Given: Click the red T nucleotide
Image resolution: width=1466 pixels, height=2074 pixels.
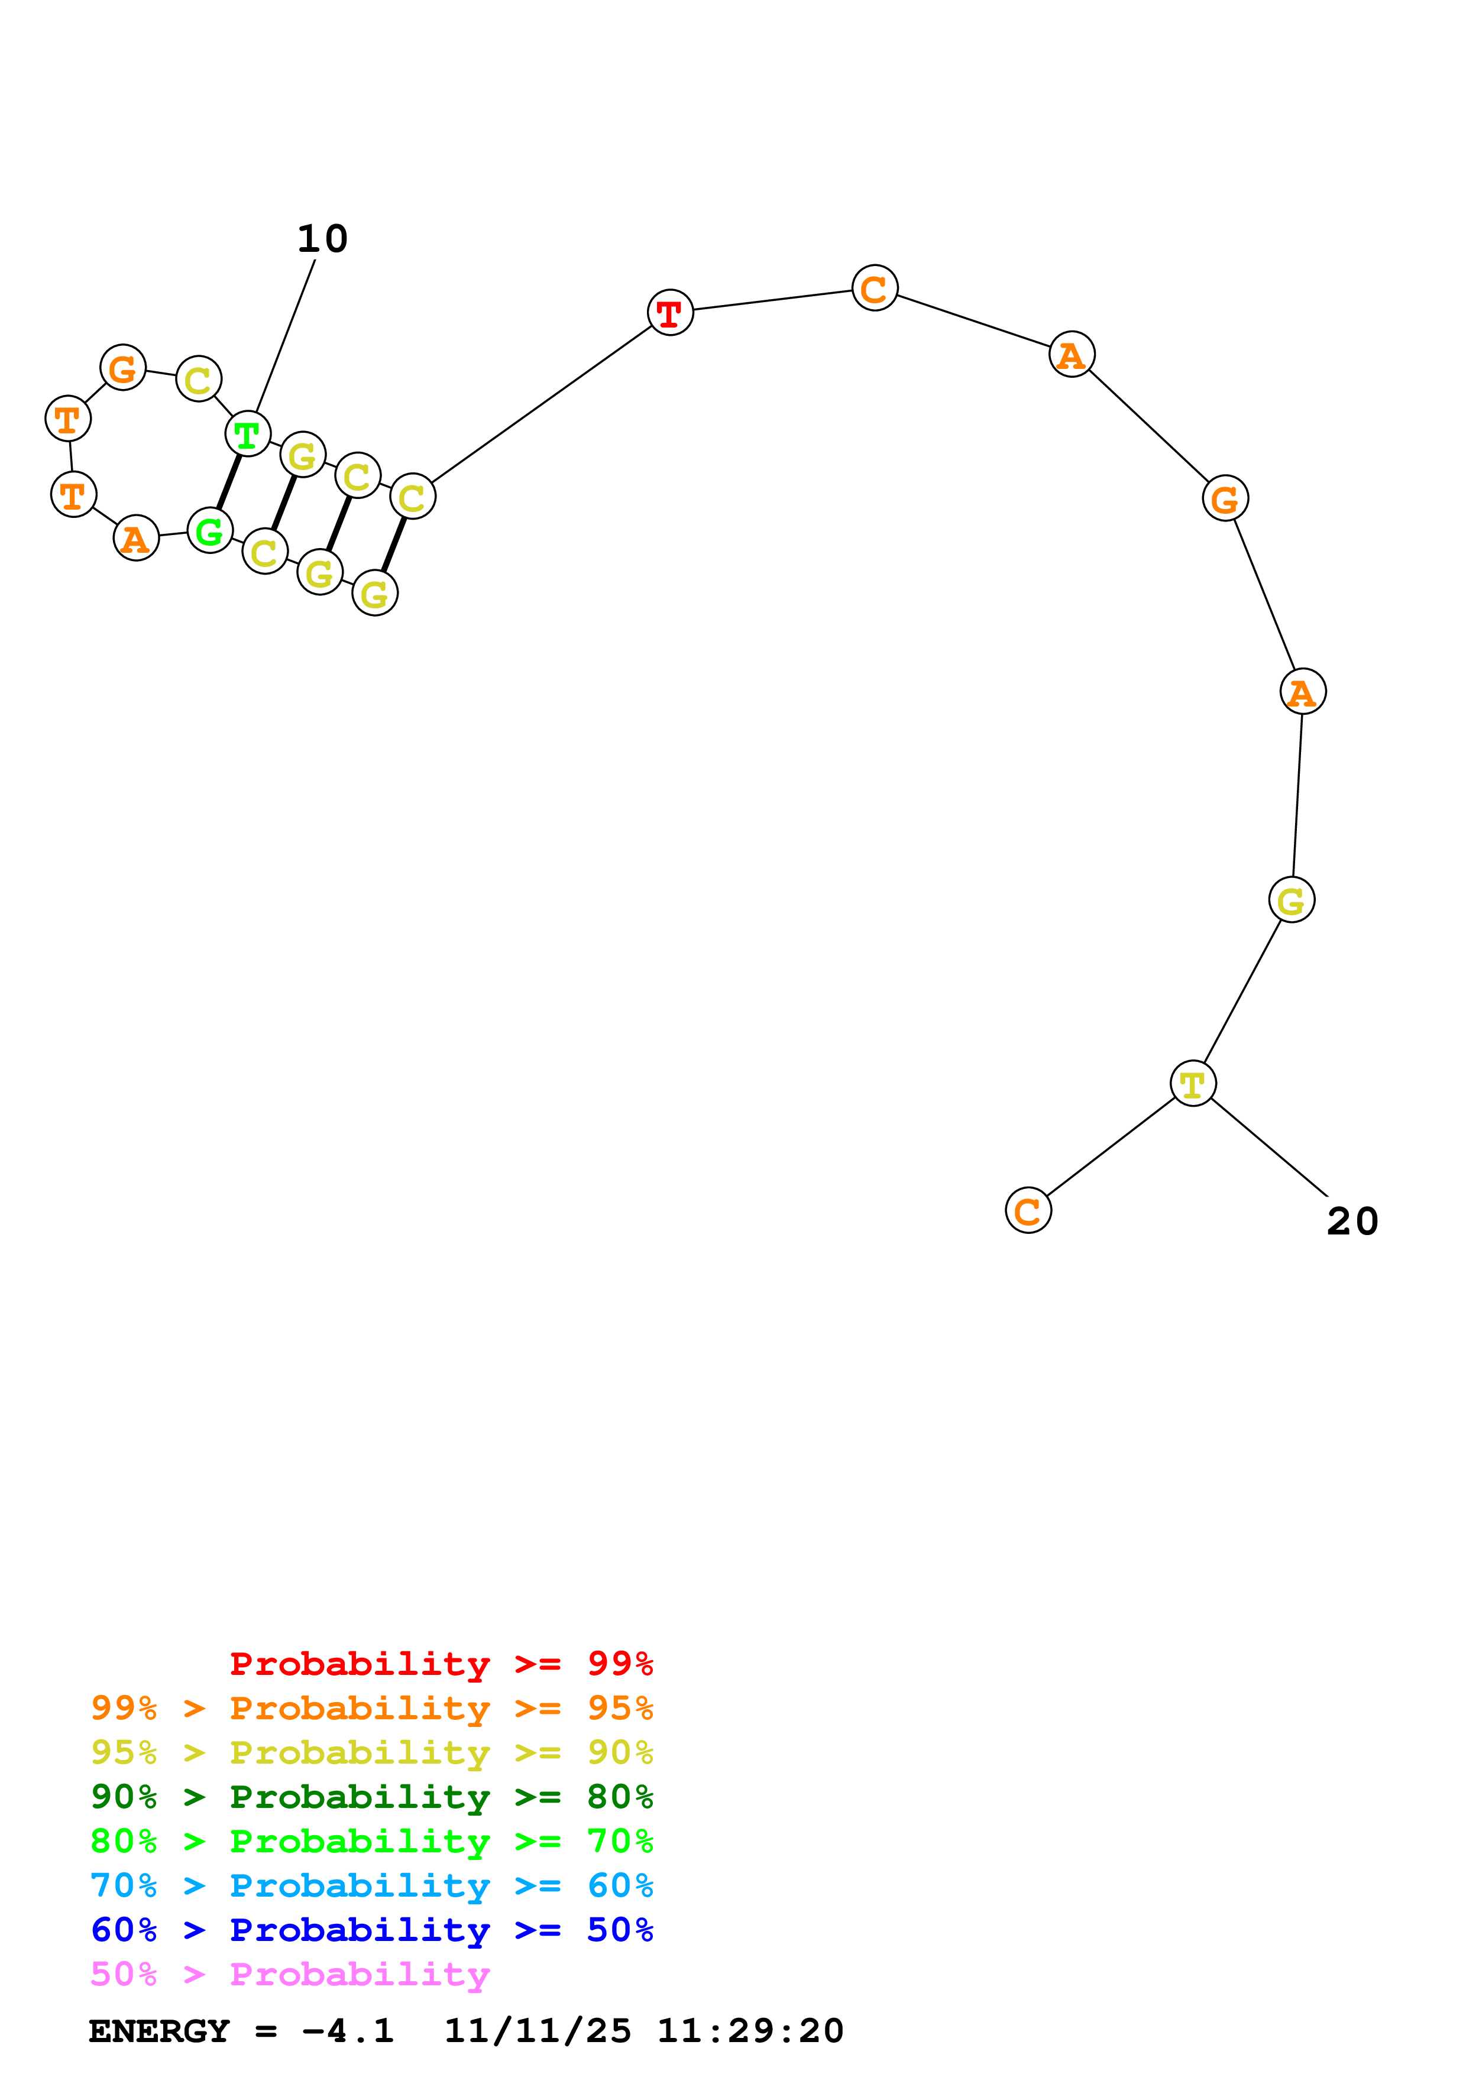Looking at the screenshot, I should (x=669, y=313).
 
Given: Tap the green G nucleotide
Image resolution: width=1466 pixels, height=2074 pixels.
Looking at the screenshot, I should (x=209, y=530).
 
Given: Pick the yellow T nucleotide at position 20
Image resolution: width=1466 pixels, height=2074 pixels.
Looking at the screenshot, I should (x=1192, y=1083).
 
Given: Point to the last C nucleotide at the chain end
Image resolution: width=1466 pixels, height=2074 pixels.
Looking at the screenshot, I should (x=1028, y=1210).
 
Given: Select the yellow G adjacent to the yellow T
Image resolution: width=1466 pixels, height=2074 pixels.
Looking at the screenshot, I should (x=1291, y=900).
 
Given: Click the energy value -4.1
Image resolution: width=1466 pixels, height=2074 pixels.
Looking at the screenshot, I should (x=348, y=2031).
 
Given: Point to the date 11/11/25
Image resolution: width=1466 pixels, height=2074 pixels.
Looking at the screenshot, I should (x=538, y=2031).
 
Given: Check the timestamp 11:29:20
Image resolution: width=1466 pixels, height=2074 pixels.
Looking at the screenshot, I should (x=750, y=2031).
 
